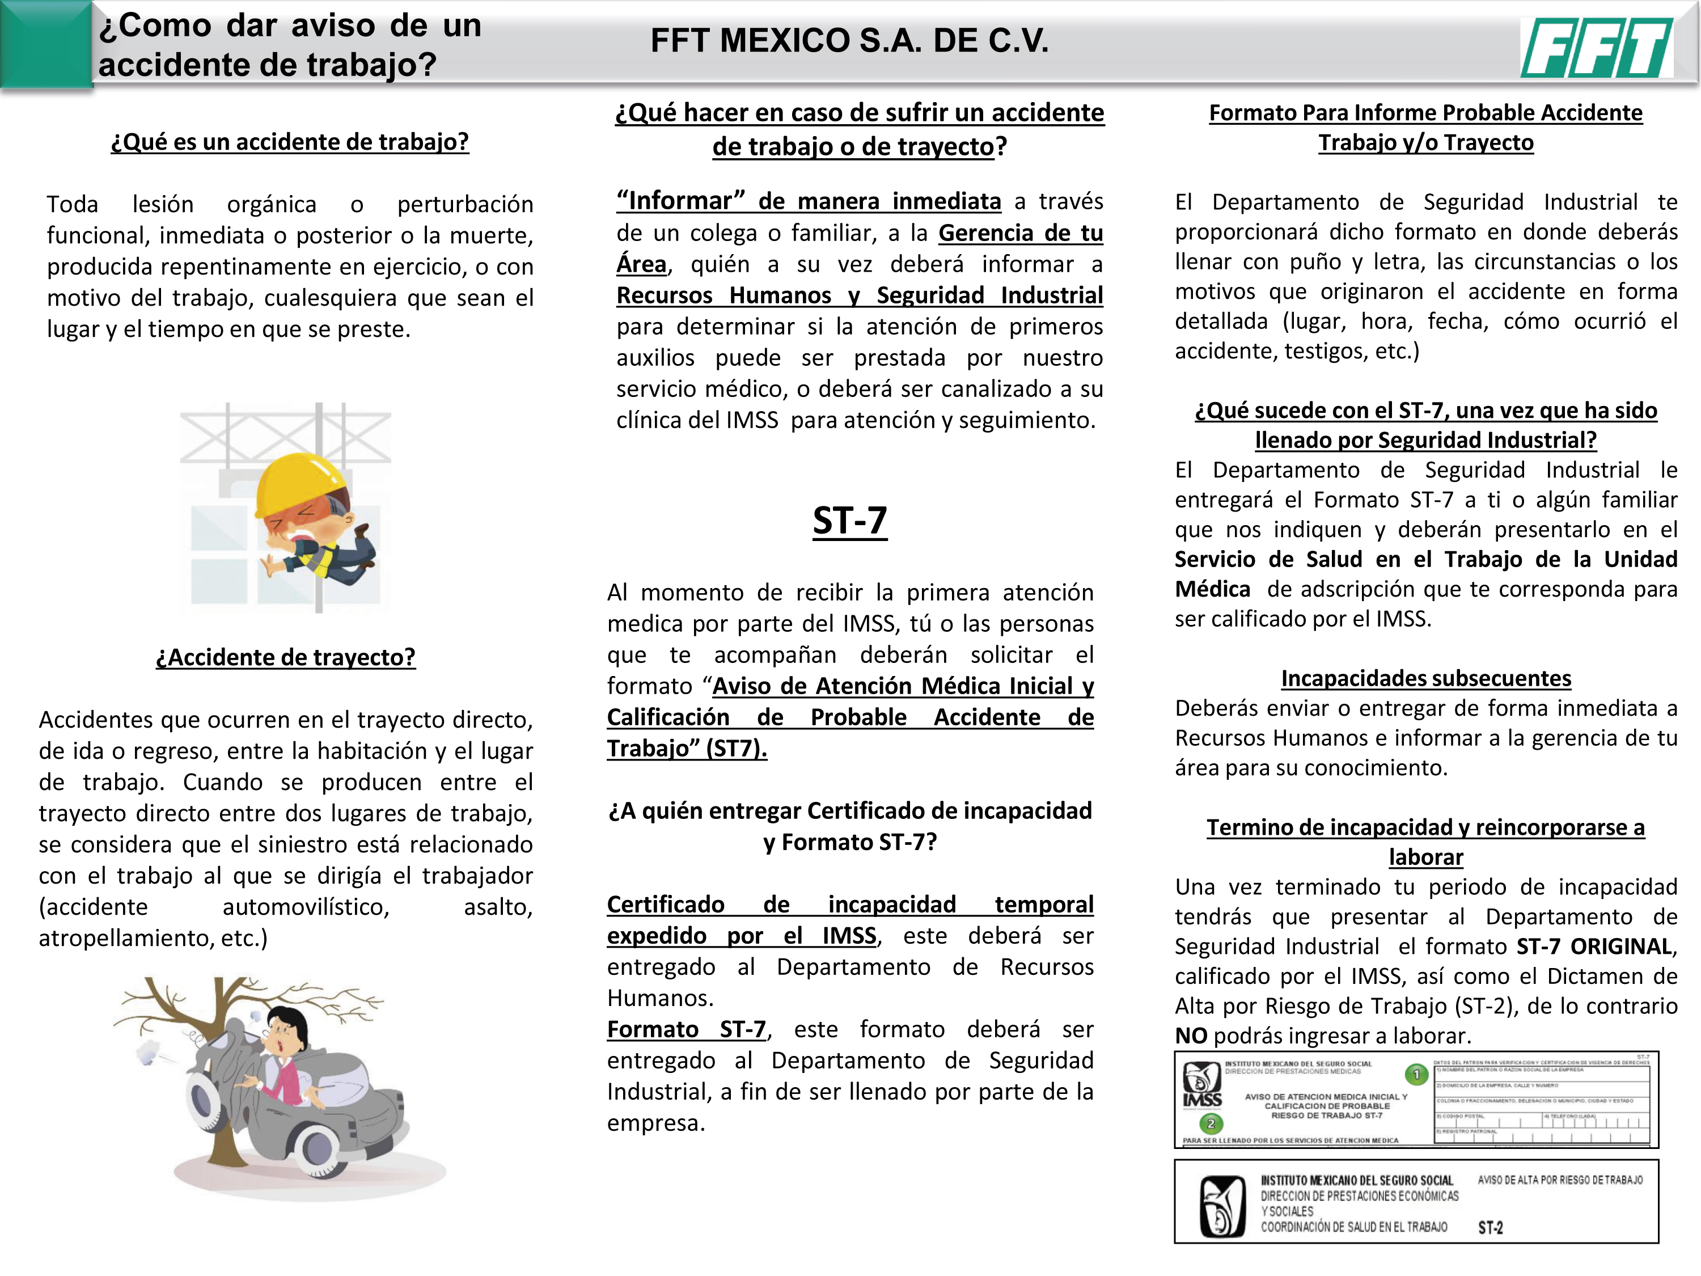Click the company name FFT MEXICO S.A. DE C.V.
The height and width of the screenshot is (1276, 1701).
(x=850, y=41)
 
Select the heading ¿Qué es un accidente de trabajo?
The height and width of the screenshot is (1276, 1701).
(x=289, y=142)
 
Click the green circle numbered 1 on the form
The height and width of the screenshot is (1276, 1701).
(x=1416, y=1075)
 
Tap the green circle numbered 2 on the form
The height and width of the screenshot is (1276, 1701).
(x=1211, y=1123)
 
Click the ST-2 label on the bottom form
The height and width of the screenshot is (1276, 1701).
(x=1490, y=1228)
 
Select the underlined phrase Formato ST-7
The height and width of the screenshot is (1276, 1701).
(x=686, y=1029)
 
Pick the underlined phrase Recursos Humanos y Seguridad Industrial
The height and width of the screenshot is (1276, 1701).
(x=859, y=295)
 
